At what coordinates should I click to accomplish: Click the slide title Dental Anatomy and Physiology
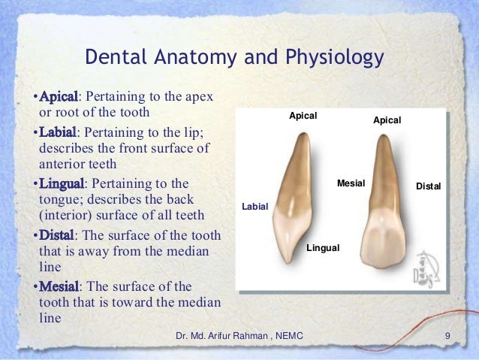click(x=233, y=58)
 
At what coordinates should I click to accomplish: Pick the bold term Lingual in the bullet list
click(x=62, y=184)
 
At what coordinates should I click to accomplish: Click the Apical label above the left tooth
click(x=303, y=116)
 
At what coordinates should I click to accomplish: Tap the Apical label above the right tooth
click(x=387, y=120)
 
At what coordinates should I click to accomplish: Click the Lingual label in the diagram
click(x=324, y=247)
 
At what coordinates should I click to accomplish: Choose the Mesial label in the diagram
click(x=350, y=183)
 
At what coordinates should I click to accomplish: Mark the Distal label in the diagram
click(x=428, y=186)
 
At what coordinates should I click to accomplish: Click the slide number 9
click(x=447, y=335)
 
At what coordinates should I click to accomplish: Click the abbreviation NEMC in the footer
click(x=289, y=335)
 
